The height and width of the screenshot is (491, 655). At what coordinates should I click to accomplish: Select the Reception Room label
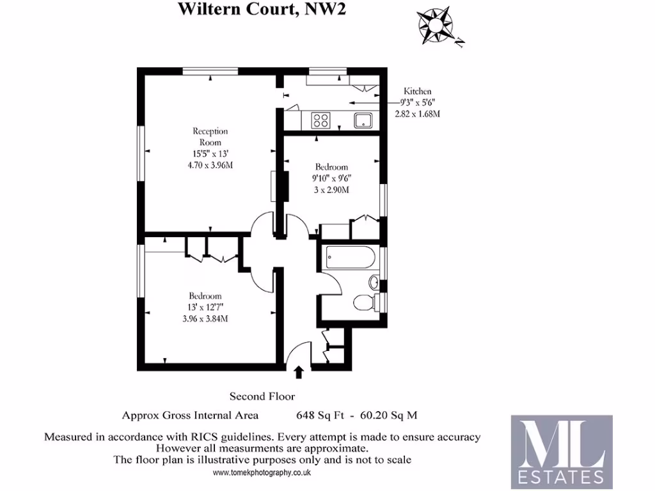coord(210,136)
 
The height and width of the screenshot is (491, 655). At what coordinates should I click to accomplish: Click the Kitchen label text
coord(416,91)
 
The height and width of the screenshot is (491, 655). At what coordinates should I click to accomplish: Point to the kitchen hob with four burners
coord(320,120)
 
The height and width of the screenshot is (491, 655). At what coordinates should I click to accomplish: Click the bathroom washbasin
coord(375,281)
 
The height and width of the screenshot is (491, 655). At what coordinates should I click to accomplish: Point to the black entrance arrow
coord(299,372)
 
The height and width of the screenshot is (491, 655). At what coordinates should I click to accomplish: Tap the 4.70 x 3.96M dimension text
coord(210,165)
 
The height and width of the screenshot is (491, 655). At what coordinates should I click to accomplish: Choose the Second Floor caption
coord(262,396)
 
